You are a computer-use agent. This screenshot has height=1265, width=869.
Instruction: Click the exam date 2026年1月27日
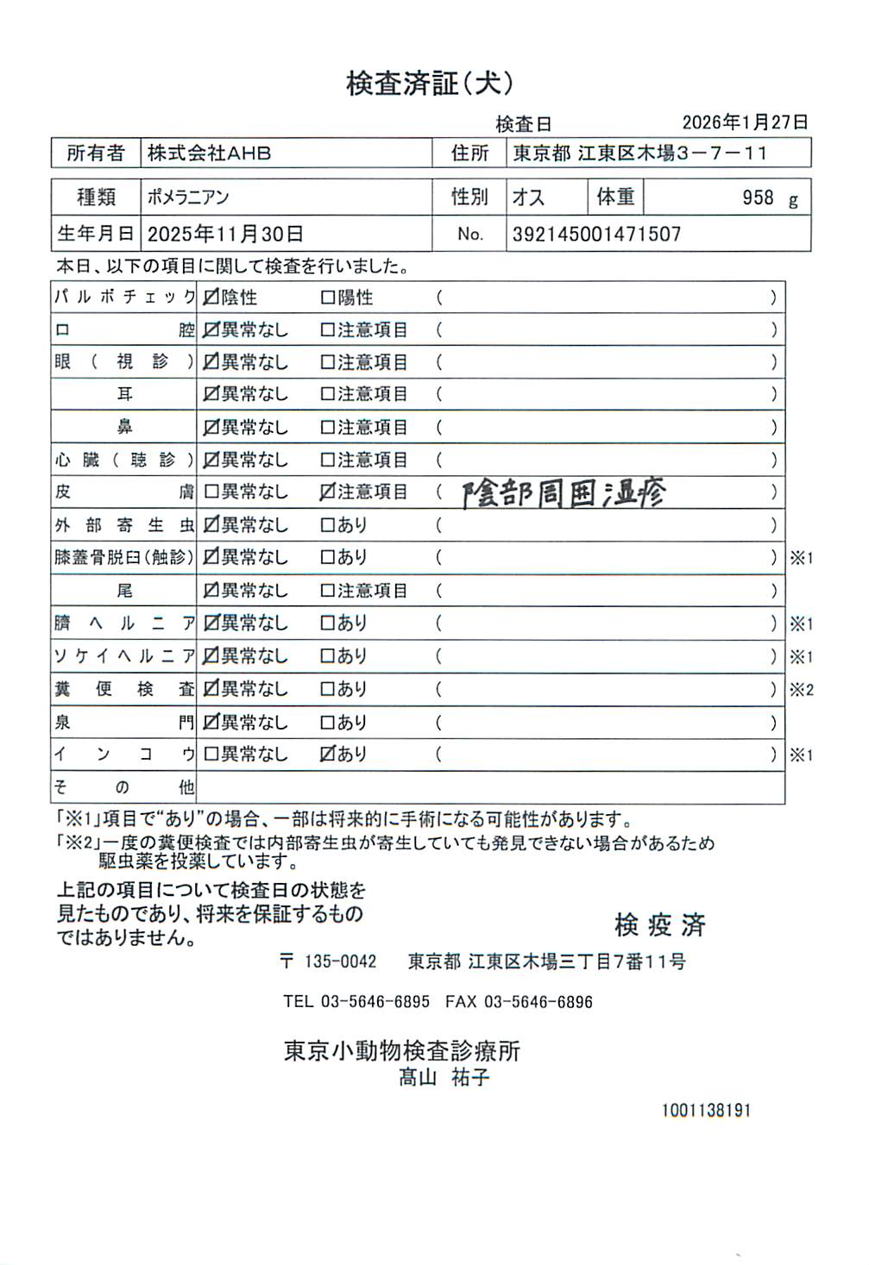tap(745, 122)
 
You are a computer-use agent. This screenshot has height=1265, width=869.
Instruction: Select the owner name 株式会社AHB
tap(209, 153)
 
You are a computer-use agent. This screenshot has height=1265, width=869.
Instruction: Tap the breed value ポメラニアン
tap(188, 197)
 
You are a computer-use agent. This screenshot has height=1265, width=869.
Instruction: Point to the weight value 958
tap(758, 197)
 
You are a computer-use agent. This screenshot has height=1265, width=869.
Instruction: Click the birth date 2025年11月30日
tap(225, 234)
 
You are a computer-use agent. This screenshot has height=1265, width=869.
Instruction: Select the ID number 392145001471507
tap(596, 234)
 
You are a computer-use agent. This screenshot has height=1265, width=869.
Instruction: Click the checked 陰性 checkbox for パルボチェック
tap(211, 297)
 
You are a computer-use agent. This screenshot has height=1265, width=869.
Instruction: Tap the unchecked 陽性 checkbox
tap(327, 297)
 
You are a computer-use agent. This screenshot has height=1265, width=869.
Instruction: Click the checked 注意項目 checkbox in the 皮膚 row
tap(327, 492)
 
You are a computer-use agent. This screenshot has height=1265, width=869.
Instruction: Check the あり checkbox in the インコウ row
tap(327, 754)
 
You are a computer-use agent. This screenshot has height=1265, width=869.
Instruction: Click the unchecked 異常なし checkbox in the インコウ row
tap(211, 754)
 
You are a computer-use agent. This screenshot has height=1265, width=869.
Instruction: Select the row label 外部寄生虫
tap(124, 524)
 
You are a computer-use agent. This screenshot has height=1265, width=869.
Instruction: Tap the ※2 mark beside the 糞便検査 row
tap(802, 689)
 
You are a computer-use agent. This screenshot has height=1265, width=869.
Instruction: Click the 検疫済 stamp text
tap(660, 925)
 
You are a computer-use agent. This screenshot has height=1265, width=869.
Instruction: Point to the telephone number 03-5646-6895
tap(375, 1002)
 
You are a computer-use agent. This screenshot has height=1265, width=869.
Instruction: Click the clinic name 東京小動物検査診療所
tap(402, 1051)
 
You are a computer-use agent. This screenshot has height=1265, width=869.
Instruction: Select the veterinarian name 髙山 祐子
tap(444, 1077)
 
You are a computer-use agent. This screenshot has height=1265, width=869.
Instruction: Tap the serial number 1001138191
tap(706, 1110)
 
